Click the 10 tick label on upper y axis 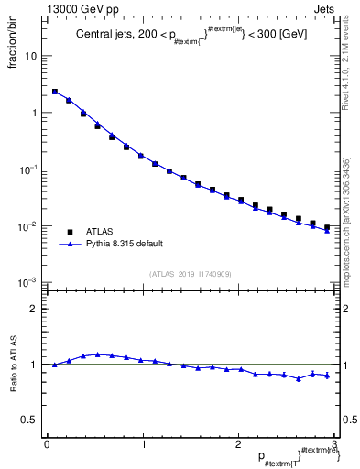pyautogui.click(x=31, y=56)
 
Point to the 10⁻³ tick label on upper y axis pyautogui.click(x=29, y=283)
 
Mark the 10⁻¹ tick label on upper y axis pyautogui.click(x=29, y=169)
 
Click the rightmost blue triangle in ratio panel pyautogui.click(x=327, y=375)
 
